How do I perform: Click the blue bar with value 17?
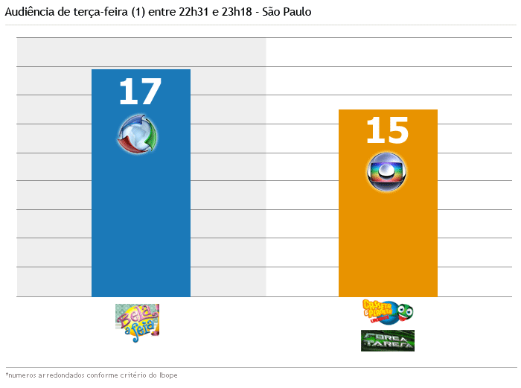tap(141, 223)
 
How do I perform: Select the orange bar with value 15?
tap(388, 238)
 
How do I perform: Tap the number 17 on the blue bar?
tap(140, 92)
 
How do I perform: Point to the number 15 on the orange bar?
tap(387, 130)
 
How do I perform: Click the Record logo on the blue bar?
tap(138, 135)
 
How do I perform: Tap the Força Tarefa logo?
tap(387, 340)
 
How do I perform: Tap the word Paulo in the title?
tap(298, 13)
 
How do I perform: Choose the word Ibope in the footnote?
tap(169, 375)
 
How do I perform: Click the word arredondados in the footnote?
tap(59, 375)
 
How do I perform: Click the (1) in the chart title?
tap(134, 13)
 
